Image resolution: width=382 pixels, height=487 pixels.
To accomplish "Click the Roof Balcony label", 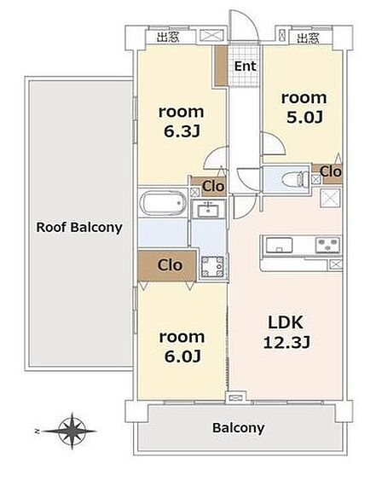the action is pyautogui.click(x=79, y=228).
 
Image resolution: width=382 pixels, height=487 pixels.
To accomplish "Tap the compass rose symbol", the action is pyautogui.click(x=72, y=431).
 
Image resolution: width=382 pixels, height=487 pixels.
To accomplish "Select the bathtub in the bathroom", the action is pyautogui.click(x=163, y=204).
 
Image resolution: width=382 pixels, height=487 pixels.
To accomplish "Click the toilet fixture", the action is pyautogui.click(x=293, y=179).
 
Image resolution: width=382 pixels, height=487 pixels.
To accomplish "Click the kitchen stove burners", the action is pyautogui.click(x=327, y=244).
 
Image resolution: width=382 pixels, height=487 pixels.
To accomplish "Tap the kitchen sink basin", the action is pyautogui.click(x=279, y=245).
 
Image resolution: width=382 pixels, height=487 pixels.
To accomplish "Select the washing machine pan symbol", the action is pyautogui.click(x=212, y=266).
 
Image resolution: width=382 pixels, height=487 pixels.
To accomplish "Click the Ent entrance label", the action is pyautogui.click(x=245, y=66).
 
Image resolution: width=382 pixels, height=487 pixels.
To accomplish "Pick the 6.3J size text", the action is pyautogui.click(x=182, y=131).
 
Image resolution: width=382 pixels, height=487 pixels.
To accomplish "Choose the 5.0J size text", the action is pyautogui.click(x=304, y=118).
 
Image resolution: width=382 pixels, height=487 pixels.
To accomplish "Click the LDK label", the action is pyautogui.click(x=286, y=322).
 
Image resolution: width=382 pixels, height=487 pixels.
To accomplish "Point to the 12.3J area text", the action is pyautogui.click(x=286, y=343).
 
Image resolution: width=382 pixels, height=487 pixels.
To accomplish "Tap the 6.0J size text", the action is pyautogui.click(x=182, y=357).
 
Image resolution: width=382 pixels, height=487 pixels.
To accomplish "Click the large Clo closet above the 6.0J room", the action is pyautogui.click(x=167, y=265).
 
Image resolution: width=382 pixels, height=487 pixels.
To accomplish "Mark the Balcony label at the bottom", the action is pyautogui.click(x=239, y=428).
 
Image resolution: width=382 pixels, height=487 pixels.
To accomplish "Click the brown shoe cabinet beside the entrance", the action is pyautogui.click(x=221, y=66).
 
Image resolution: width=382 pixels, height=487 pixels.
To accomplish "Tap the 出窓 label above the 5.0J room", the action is pyautogui.click(x=308, y=38).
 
